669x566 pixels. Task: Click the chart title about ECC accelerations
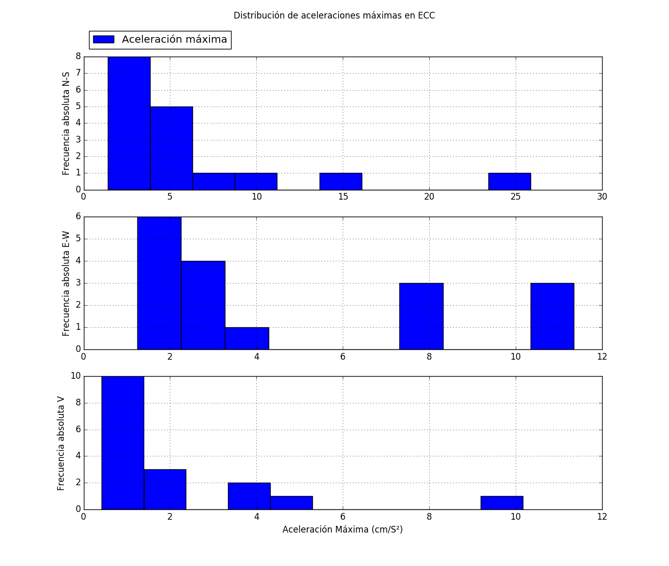click(334, 15)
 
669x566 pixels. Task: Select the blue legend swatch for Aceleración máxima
click(103, 40)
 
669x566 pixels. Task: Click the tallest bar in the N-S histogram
click(129, 123)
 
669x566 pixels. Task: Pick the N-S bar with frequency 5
click(171, 148)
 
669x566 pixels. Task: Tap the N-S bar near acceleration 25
click(509, 182)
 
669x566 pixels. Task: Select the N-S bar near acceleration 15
click(341, 182)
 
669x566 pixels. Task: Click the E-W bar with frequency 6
click(159, 283)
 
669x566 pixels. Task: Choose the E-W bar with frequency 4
click(203, 305)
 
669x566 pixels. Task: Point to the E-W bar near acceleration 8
click(421, 316)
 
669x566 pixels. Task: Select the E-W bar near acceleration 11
click(552, 316)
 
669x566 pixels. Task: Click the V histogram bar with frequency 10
click(122, 443)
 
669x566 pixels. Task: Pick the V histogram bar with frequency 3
click(165, 489)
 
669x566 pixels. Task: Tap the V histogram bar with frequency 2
click(249, 496)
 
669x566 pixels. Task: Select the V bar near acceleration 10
click(502, 503)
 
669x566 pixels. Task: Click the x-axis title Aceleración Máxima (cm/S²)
click(342, 529)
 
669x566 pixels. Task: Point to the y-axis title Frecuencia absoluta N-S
click(66, 123)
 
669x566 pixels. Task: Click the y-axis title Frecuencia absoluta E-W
click(66, 283)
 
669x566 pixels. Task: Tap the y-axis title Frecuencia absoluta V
click(61, 443)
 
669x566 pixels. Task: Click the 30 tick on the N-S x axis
click(602, 197)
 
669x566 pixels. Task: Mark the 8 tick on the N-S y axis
click(78, 57)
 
